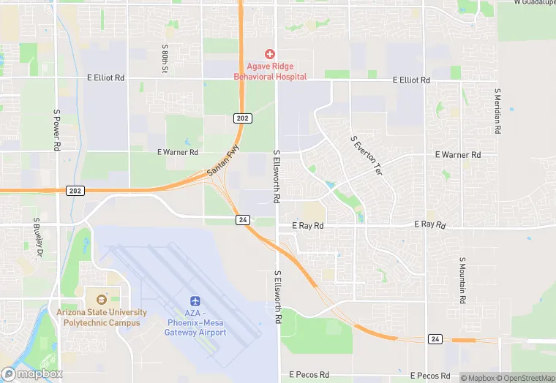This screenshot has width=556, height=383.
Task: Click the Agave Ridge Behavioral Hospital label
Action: point(270,71)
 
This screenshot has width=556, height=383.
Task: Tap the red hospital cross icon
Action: point(270,54)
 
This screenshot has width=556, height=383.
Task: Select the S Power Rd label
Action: point(56,131)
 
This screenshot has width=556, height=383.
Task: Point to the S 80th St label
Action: point(165,60)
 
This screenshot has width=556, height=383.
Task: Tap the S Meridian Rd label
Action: point(497,111)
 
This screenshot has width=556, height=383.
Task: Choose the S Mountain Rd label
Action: point(462,281)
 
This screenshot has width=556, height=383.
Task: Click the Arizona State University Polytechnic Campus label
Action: point(102,316)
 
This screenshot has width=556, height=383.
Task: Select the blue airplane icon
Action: point(195,301)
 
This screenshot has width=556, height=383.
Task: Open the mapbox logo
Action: point(31,373)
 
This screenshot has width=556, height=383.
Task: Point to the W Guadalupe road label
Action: point(535,3)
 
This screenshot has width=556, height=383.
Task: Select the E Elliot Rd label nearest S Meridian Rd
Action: point(411,80)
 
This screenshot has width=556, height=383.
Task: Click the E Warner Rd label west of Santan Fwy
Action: point(178,153)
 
